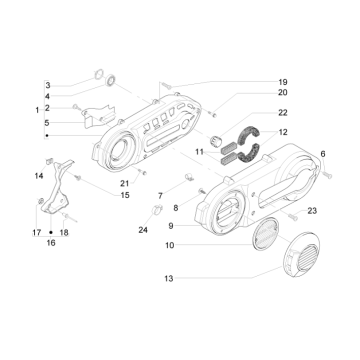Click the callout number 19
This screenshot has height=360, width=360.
coord(283,82)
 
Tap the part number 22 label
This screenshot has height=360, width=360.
coord(283,112)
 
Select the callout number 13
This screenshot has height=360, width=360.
coord(169,278)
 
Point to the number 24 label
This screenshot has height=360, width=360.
coord(143,230)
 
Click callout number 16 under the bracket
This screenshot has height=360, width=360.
coord(51,243)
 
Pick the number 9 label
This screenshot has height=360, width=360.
coord(171,226)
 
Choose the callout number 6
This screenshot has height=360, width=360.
coord(323,154)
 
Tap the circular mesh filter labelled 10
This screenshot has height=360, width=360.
coord(265,233)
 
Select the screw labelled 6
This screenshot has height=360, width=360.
coord(328,174)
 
